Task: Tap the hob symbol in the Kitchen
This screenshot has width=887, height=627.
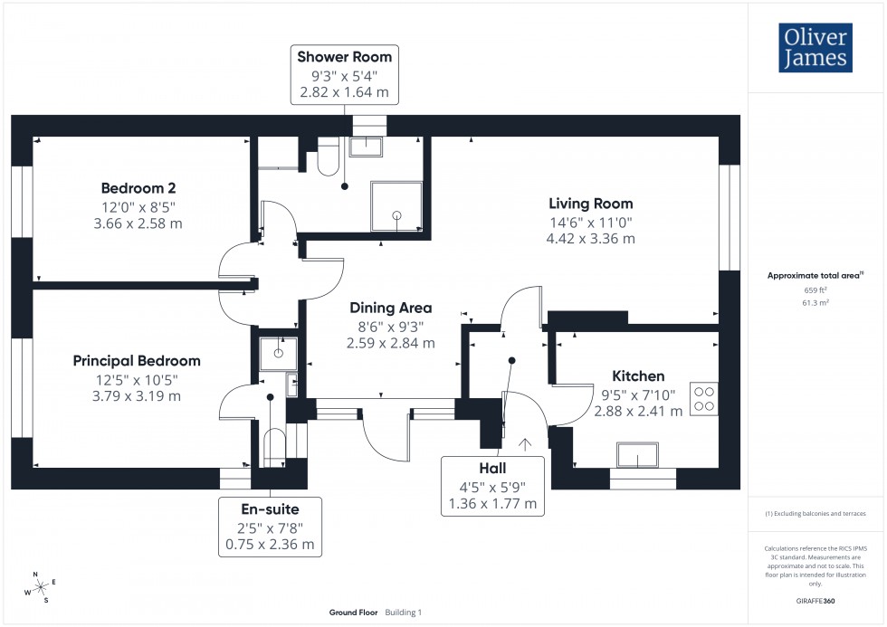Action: (703, 399)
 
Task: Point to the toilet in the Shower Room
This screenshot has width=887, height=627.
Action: (327, 159)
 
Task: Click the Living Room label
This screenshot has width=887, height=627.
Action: (590, 204)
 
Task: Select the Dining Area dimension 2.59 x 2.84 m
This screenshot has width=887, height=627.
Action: (390, 343)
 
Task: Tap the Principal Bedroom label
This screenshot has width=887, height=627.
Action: (137, 361)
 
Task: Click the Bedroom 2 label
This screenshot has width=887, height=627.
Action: (138, 188)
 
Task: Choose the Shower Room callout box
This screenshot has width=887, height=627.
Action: (345, 74)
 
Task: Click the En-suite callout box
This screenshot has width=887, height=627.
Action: (269, 527)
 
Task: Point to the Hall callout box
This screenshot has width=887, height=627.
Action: (492, 486)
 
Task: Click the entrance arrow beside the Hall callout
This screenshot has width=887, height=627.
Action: (525, 443)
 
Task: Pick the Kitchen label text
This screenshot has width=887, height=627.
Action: (638, 376)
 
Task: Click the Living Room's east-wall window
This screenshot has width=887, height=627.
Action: (730, 217)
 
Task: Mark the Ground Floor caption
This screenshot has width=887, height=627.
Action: (353, 613)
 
